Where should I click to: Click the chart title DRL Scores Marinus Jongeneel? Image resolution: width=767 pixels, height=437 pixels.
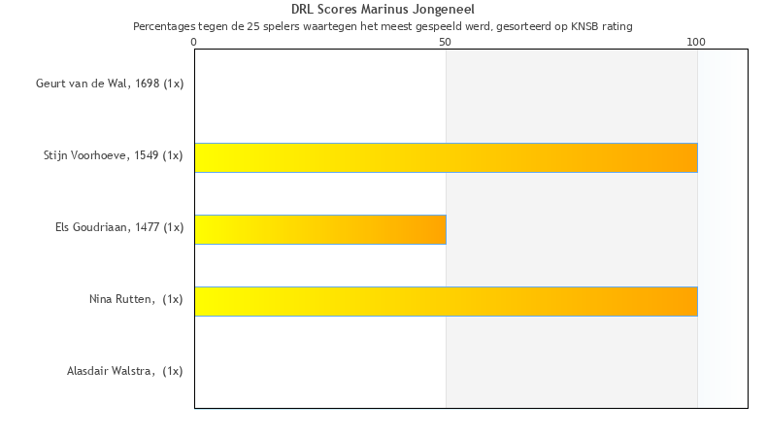coord(383,10)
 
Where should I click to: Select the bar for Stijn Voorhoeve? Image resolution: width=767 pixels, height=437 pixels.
coord(446,157)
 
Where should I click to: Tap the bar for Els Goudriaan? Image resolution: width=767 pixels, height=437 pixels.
coord(320,229)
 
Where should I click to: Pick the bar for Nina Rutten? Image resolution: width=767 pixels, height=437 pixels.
coord(446,301)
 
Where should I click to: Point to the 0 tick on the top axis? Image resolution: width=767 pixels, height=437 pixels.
coord(194,41)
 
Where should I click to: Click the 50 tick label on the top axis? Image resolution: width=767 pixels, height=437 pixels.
coord(446,41)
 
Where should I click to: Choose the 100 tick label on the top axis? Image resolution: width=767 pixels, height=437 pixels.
coord(696,41)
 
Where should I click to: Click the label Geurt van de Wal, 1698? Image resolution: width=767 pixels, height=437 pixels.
coord(110,84)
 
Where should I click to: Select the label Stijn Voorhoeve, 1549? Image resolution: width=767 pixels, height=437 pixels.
coord(113,155)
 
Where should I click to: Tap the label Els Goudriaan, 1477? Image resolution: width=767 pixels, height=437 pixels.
coord(119,227)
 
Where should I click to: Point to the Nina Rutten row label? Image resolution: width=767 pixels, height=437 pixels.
coord(136,299)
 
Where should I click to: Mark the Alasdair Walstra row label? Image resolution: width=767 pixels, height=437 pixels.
coord(124,371)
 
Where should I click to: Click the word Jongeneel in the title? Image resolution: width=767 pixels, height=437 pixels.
coord(444,10)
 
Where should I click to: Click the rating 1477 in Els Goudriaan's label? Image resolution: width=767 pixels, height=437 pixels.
coord(148,227)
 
